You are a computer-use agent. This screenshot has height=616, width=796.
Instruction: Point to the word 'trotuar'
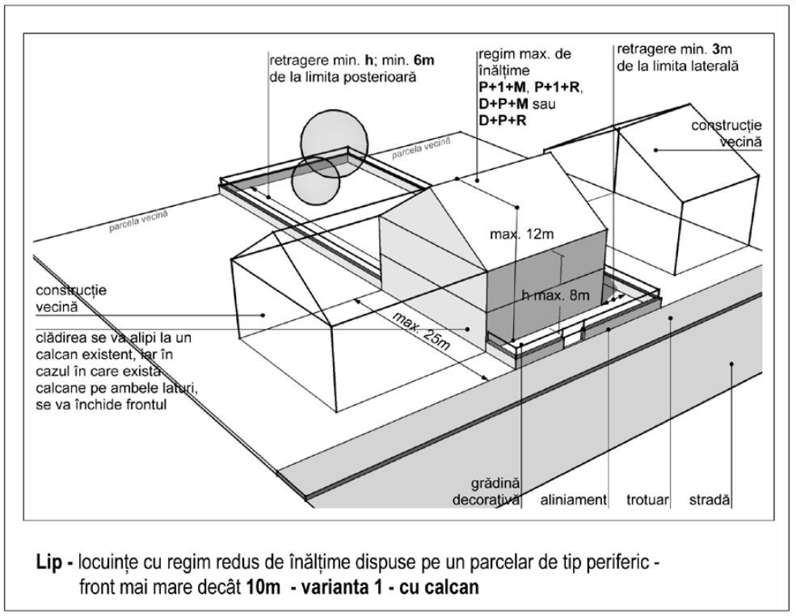[x=647, y=500]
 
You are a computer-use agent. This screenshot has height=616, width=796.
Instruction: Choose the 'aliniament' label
[x=574, y=500]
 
